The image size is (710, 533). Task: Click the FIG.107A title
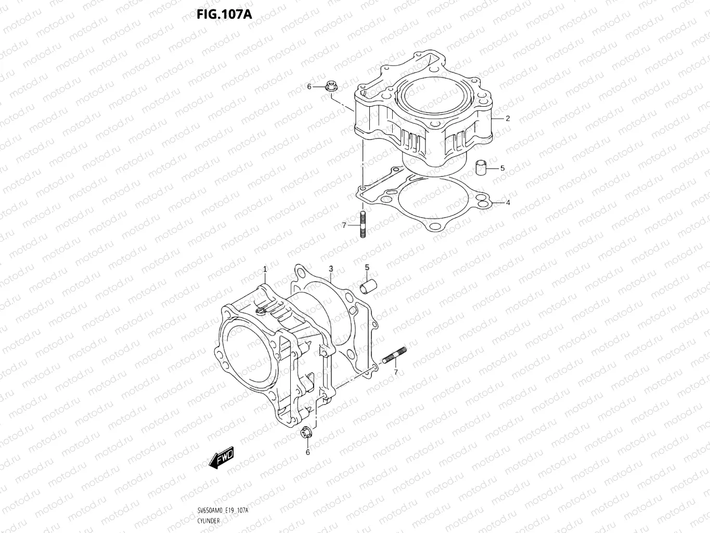click(x=224, y=14)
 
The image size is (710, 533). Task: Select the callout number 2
click(x=508, y=118)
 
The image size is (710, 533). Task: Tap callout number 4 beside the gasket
click(x=508, y=202)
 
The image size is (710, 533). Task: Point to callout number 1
click(x=265, y=269)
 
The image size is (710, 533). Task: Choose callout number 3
click(x=330, y=269)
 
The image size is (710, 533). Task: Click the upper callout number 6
click(x=309, y=86)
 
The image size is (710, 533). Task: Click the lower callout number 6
click(x=307, y=452)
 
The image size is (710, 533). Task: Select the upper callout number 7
click(x=344, y=225)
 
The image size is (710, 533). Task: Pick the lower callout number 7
click(x=396, y=372)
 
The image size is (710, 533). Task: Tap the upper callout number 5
click(x=502, y=168)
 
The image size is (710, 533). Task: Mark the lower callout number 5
click(x=367, y=267)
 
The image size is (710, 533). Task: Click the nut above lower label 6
click(x=306, y=432)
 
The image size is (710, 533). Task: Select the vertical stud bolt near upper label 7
click(x=362, y=224)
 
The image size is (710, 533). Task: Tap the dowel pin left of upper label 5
click(x=482, y=168)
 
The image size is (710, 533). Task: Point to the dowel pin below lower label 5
click(x=369, y=285)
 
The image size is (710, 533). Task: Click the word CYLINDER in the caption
click(x=209, y=521)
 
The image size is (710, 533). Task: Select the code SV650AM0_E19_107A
click(x=223, y=510)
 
